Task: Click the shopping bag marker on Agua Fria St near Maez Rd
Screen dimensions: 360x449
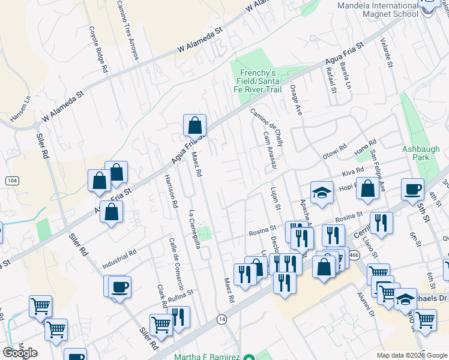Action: click(x=194, y=125)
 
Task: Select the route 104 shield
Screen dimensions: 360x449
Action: click(x=12, y=180)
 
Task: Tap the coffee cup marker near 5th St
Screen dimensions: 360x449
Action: click(x=412, y=189)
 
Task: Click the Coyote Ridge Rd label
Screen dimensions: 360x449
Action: click(x=98, y=50)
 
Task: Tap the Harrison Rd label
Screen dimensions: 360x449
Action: click(x=170, y=191)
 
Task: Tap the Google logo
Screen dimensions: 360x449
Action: click(x=20, y=353)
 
